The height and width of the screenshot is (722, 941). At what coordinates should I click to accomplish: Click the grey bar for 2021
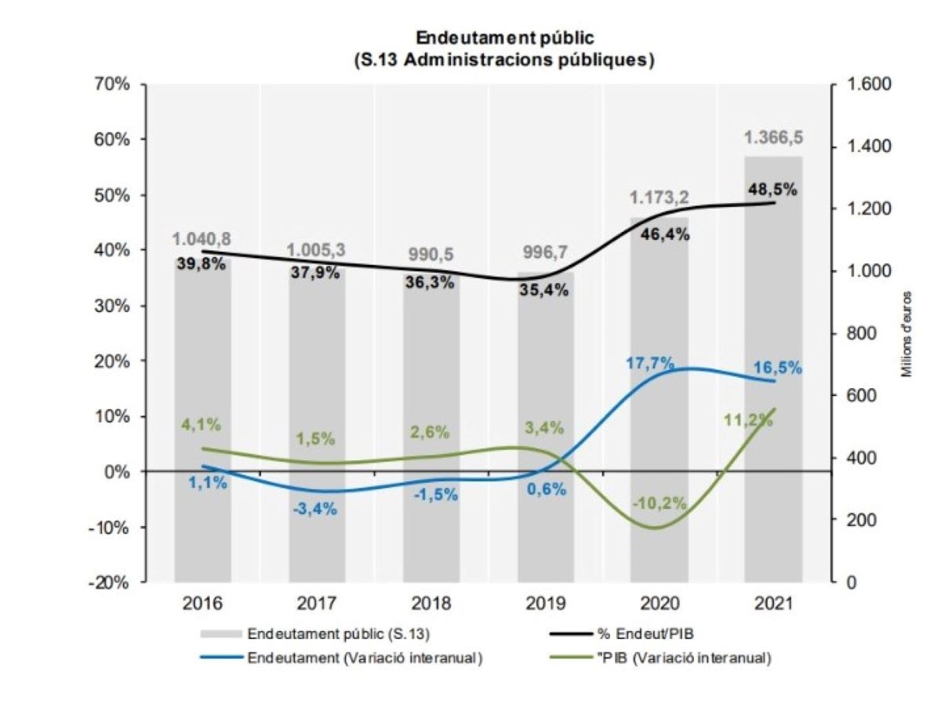(774, 368)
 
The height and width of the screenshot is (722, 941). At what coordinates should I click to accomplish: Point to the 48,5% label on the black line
(772, 189)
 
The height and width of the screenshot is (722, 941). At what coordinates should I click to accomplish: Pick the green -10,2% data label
(659, 503)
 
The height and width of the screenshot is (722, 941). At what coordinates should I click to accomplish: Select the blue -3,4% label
(315, 509)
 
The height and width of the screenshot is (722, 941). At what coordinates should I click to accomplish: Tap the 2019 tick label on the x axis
(545, 604)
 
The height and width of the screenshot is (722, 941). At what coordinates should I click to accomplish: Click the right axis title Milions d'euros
(906, 333)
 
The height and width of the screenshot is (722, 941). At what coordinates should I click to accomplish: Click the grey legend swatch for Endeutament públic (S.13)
(221, 634)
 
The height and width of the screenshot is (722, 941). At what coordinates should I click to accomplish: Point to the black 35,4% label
(543, 289)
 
